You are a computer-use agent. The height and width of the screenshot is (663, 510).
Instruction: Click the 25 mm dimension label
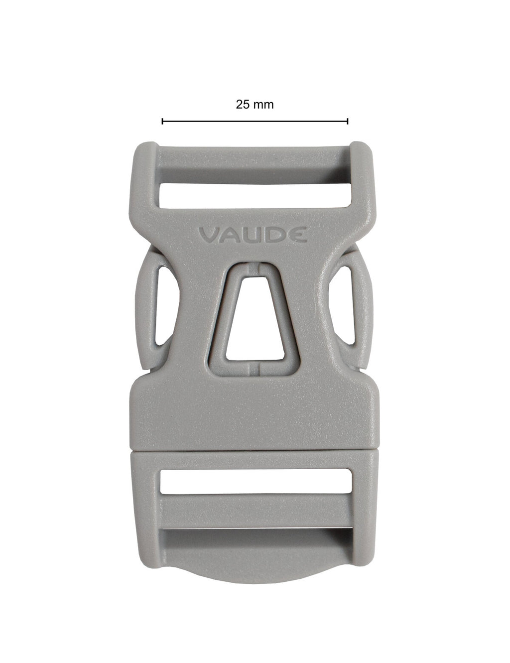click(255, 105)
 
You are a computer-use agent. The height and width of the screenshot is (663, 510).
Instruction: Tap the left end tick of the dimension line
click(162, 122)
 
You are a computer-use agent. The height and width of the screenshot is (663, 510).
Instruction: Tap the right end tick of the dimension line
click(348, 122)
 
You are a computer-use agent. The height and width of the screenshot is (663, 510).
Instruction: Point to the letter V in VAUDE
click(209, 235)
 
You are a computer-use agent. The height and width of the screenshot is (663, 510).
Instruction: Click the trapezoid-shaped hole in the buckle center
click(255, 318)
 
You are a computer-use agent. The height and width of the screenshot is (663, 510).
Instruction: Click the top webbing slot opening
click(255, 196)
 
